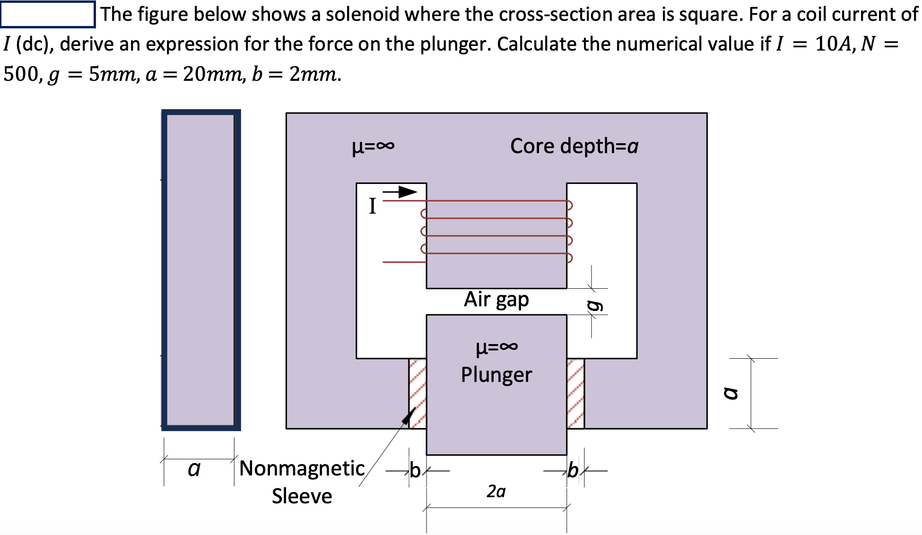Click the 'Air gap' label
(496, 300)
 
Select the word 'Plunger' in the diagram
(496, 375)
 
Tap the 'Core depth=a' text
(574, 146)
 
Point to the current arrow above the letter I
(400, 192)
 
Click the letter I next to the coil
(373, 207)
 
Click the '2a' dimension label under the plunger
(496, 492)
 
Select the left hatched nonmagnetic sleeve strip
(418, 393)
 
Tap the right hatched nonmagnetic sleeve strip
(575, 393)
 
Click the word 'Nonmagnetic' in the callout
(302, 468)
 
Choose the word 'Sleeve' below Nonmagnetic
(302, 496)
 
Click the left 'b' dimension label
(415, 471)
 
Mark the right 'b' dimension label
(573, 471)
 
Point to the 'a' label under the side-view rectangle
(194, 469)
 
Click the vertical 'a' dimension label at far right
(731, 393)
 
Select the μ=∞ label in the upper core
(373, 147)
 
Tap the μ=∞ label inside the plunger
(496, 347)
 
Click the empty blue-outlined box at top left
(48, 14)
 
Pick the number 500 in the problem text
(20, 74)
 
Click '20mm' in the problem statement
(212, 74)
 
